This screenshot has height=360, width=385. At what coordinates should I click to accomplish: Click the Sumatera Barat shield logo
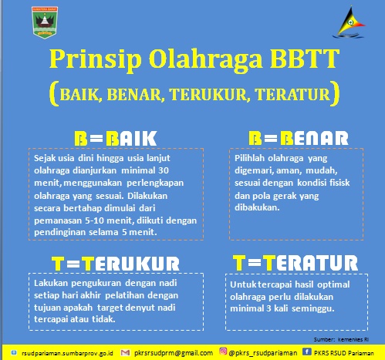coord(45,22)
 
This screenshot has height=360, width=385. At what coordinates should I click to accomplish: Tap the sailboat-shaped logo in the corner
coord(350,22)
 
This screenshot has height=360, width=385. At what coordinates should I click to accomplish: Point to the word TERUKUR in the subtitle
coord(210,94)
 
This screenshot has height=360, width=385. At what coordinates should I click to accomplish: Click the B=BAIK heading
coord(116,139)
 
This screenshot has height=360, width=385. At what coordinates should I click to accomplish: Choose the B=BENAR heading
coord(299,138)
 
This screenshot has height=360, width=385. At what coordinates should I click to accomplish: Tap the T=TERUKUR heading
coord(116,264)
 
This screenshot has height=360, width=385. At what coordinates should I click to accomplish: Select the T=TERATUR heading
coord(296,263)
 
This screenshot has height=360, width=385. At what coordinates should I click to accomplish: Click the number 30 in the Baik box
coord(164,170)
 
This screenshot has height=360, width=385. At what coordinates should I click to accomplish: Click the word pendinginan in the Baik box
coord(60,232)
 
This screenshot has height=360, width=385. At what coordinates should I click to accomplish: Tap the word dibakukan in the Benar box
coord(257,207)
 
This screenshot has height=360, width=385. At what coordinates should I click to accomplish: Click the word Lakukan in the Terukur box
coord(52,283)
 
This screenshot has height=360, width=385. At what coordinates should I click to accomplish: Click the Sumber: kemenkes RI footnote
coord(341,340)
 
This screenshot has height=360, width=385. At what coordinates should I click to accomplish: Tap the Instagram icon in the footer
coord(223,351)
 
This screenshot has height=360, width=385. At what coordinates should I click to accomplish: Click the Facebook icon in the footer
coord(306,352)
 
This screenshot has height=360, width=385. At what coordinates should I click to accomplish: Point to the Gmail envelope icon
coord(125,352)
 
